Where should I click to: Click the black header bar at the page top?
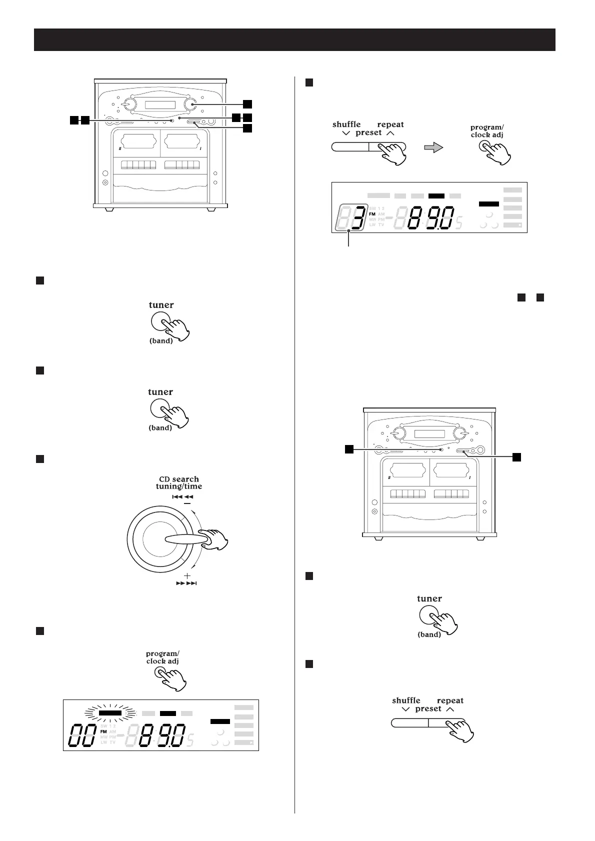294,39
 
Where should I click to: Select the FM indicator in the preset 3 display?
372,213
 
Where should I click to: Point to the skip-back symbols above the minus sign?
182,496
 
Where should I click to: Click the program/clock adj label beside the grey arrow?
486,131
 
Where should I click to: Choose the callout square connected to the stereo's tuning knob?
247,104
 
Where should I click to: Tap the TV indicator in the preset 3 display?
381,225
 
